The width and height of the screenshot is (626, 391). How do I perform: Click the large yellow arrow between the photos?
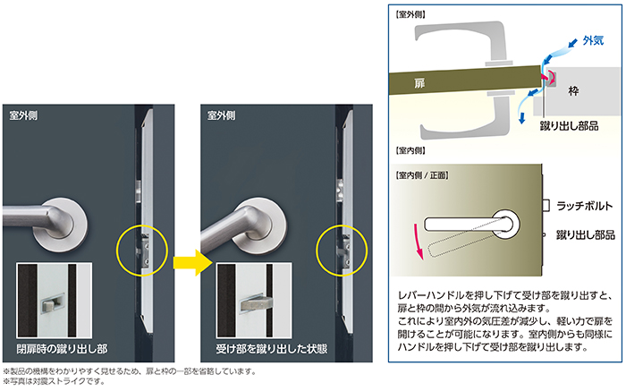tap(192, 262)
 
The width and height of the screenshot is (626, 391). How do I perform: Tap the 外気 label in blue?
tap(593, 40)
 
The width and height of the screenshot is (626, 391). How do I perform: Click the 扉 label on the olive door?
tap(419, 83)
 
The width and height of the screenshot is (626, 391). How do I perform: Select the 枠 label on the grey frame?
tap(573, 90)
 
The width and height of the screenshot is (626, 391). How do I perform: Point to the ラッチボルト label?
tap(585, 206)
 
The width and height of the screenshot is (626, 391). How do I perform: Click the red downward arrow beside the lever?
tap(418, 242)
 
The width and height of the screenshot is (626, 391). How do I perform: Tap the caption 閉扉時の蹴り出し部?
tap(62, 349)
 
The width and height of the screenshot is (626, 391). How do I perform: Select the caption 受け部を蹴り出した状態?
tap(272, 349)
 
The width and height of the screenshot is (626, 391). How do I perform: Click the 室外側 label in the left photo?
tap(23, 115)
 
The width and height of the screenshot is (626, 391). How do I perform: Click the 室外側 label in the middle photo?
tap(221, 115)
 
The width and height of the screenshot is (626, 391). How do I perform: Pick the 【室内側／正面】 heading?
tap(422, 175)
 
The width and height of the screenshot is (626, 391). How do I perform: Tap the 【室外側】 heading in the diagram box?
tap(410, 15)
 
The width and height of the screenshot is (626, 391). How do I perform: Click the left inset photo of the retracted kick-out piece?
tap(55, 301)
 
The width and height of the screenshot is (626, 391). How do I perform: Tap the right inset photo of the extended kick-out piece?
tap(254, 301)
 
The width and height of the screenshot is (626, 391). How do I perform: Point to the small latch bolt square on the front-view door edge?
tap(546, 205)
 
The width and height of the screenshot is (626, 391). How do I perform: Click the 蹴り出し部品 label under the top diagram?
tap(570, 126)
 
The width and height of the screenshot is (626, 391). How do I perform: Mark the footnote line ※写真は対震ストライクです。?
tap(54, 381)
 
